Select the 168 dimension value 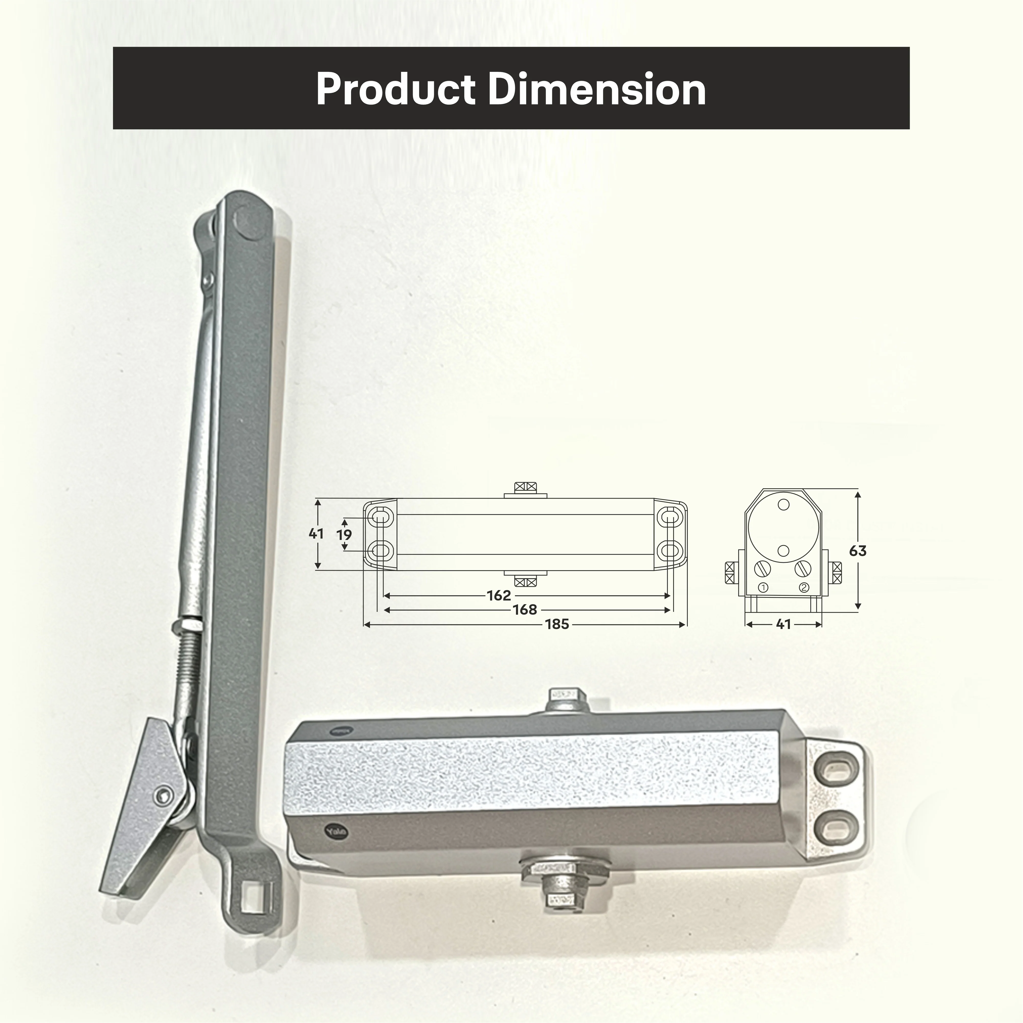click(525, 610)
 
